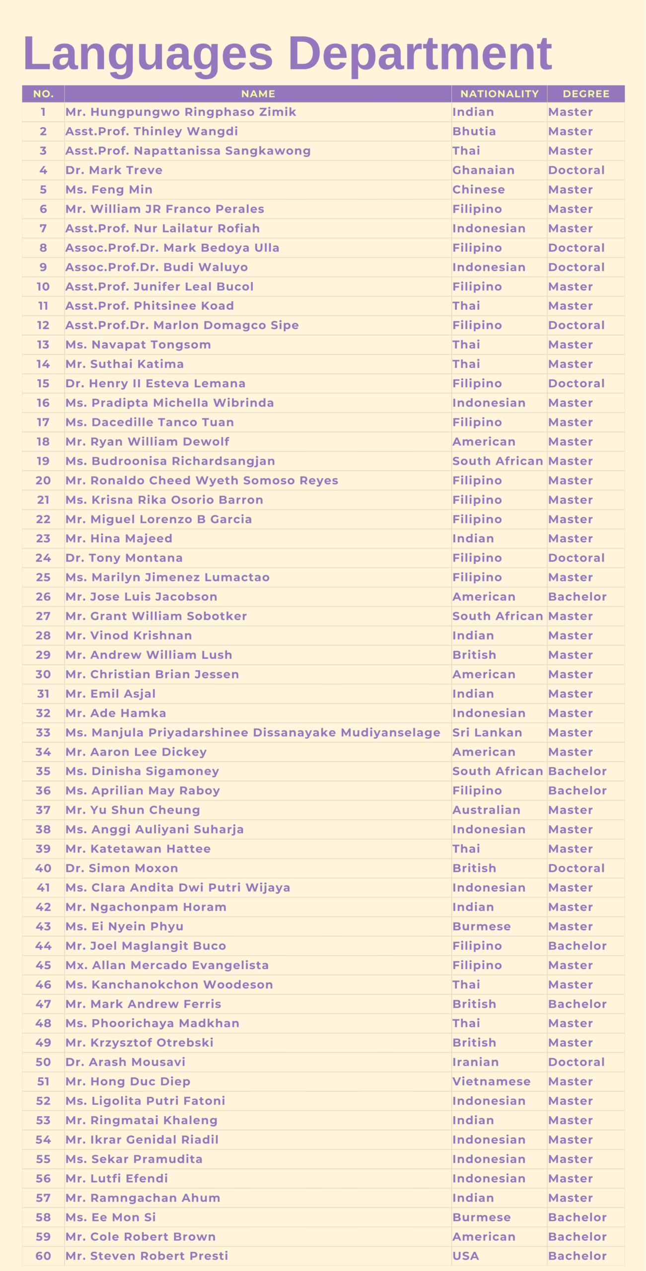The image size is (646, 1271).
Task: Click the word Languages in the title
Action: coord(148,54)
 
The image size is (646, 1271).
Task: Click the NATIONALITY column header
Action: coord(499,94)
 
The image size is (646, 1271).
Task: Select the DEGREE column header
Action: coord(585,94)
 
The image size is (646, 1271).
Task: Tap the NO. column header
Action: coord(43,94)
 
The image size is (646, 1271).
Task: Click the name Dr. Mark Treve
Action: coord(114,170)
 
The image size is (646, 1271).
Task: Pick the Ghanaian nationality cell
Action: coord(483,170)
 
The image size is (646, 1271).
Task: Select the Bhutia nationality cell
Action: coord(474,132)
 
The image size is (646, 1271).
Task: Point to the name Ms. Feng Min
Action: coord(109,190)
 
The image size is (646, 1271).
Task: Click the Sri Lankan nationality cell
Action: coord(487,733)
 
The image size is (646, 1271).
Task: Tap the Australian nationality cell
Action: coord(486,810)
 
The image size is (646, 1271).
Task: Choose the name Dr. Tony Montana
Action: coord(124,558)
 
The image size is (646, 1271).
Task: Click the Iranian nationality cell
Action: coord(475,1062)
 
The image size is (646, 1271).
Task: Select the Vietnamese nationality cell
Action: coord(491,1082)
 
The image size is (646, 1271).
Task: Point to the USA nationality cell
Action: coord(465,1256)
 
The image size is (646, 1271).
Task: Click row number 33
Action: coord(43,733)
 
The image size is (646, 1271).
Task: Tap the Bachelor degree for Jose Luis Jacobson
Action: coord(577,597)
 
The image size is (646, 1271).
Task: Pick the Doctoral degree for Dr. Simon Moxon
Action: coord(576,868)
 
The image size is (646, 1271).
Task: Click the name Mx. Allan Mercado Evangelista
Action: coord(167,965)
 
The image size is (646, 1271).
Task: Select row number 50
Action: coord(43,1062)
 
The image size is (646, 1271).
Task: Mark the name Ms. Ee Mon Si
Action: coord(110,1217)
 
